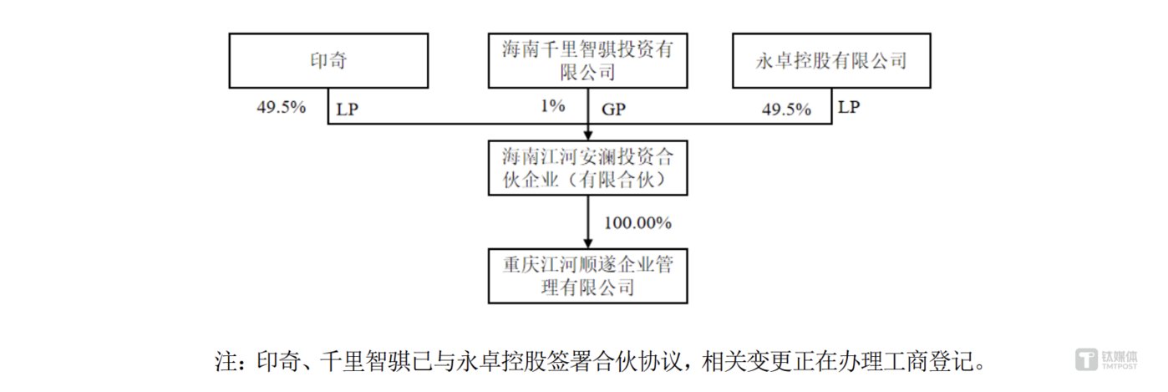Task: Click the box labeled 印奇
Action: click(x=328, y=60)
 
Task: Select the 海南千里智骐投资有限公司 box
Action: click(x=587, y=60)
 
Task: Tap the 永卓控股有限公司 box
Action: click(x=831, y=60)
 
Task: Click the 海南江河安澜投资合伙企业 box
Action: click(x=587, y=168)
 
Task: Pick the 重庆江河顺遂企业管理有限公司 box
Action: click(x=587, y=276)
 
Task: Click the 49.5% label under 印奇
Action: click(x=281, y=107)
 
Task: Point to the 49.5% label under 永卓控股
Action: click(x=786, y=109)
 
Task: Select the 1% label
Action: click(x=553, y=106)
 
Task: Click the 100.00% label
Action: click(x=637, y=223)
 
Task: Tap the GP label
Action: click(x=613, y=109)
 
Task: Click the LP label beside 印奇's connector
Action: click(x=348, y=109)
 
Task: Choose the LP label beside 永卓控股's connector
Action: click(x=849, y=107)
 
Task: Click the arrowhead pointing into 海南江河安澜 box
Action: click(x=587, y=135)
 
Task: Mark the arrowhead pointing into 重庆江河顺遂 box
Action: click(x=587, y=243)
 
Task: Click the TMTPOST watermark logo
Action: click(x=1106, y=359)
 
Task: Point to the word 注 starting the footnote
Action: click(x=226, y=362)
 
